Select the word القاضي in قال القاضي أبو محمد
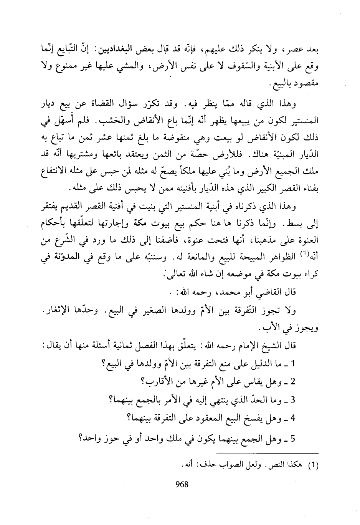click(x=271, y=293)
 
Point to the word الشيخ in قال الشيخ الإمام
click(x=271, y=345)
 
